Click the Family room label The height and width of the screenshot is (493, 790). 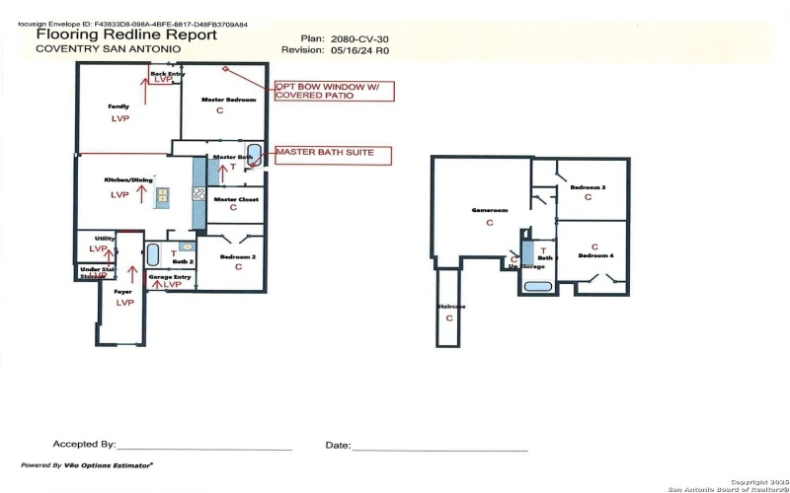pos(119,106)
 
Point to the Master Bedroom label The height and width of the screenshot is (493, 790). pos(229,100)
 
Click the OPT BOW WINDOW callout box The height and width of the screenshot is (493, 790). pos(333,92)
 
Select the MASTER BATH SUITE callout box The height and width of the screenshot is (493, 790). pos(332,154)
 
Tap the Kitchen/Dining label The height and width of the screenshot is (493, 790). pos(119,181)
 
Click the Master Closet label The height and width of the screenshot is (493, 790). pos(233,199)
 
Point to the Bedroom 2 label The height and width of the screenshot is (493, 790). pos(238,257)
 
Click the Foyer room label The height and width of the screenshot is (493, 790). pos(123,292)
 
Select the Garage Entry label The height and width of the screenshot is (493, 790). pos(169,277)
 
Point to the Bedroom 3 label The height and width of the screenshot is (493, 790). pos(590,186)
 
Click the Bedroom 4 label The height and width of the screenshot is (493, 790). pos(595,256)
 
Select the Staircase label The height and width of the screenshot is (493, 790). pos(450,307)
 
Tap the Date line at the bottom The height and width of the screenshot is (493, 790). pos(439,449)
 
